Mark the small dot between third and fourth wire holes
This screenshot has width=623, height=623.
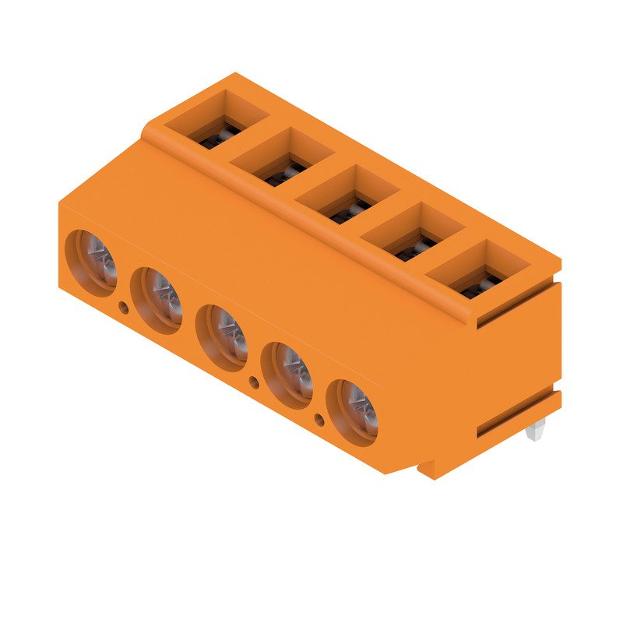coord(254,382)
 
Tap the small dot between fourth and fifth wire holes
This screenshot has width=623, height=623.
coord(319,421)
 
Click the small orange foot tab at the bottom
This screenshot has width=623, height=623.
coord(427,469)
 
